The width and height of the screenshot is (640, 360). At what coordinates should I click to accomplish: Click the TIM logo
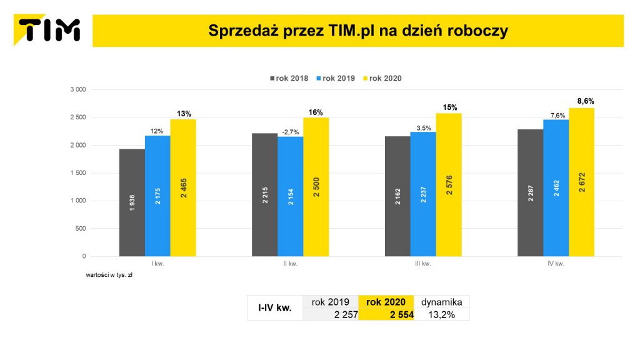[x=49, y=29]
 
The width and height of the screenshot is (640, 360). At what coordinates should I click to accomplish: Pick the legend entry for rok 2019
[x=338, y=79]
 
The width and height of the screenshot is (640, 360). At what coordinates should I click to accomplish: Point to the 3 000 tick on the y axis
[x=78, y=89]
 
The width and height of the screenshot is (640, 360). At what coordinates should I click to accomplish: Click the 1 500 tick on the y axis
[x=78, y=173]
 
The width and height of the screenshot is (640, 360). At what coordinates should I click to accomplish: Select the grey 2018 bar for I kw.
[x=132, y=202]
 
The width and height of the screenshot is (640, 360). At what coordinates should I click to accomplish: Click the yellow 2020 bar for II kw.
[x=316, y=187]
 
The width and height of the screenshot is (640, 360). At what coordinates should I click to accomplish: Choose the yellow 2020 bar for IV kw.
[x=581, y=182]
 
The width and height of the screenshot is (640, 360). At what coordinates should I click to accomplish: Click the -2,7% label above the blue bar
[x=290, y=132]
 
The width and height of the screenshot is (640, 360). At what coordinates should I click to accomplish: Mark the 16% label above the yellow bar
[x=316, y=112]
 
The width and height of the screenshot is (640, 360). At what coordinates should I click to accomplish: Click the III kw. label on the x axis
[x=423, y=264]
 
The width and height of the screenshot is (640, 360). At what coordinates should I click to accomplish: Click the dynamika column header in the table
[x=442, y=302]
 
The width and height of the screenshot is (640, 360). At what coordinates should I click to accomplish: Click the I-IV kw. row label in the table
[x=274, y=307]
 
